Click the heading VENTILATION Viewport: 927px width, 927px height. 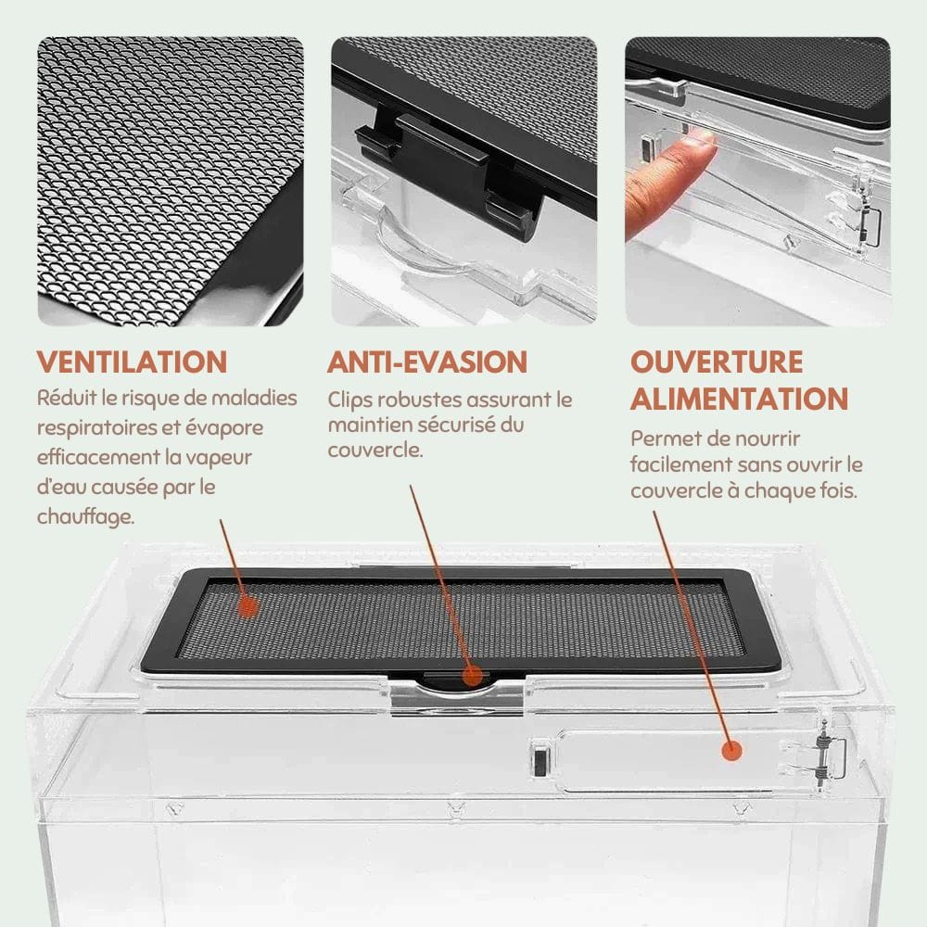pyautogui.click(x=132, y=362)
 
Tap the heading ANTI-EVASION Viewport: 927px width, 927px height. pyautogui.click(x=426, y=362)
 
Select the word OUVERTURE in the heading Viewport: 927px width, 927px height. pyautogui.click(x=717, y=362)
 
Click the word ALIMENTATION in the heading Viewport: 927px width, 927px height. pyautogui.click(x=739, y=399)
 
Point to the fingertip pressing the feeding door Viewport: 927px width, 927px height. pyautogui.click(x=699, y=145)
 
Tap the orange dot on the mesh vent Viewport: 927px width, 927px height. pyautogui.click(x=248, y=606)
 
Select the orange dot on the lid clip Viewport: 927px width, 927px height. pyautogui.click(x=472, y=675)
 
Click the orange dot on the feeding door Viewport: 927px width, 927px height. pyautogui.click(x=731, y=751)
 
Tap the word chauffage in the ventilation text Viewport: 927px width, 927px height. pyautogui.click(x=85, y=516)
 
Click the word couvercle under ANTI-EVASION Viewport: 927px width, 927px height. pyautogui.click(x=375, y=451)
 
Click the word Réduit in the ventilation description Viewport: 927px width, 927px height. pyautogui.click(x=67, y=398)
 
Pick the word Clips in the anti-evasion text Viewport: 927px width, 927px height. pyautogui.click(x=350, y=400)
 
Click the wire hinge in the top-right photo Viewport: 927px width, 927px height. pyautogui.click(x=870, y=223)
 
